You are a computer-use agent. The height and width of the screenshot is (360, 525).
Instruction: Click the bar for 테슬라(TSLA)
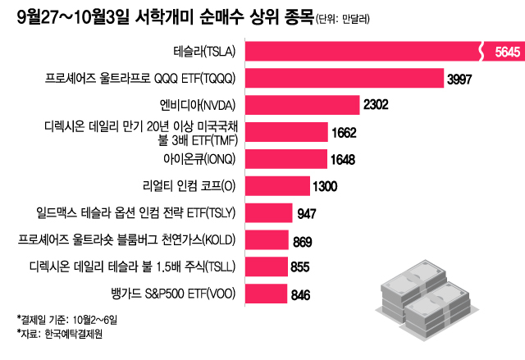[361, 52]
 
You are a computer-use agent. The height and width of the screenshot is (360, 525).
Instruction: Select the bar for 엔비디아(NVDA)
[303, 105]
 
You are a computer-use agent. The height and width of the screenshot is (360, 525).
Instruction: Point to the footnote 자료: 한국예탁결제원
[57, 333]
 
